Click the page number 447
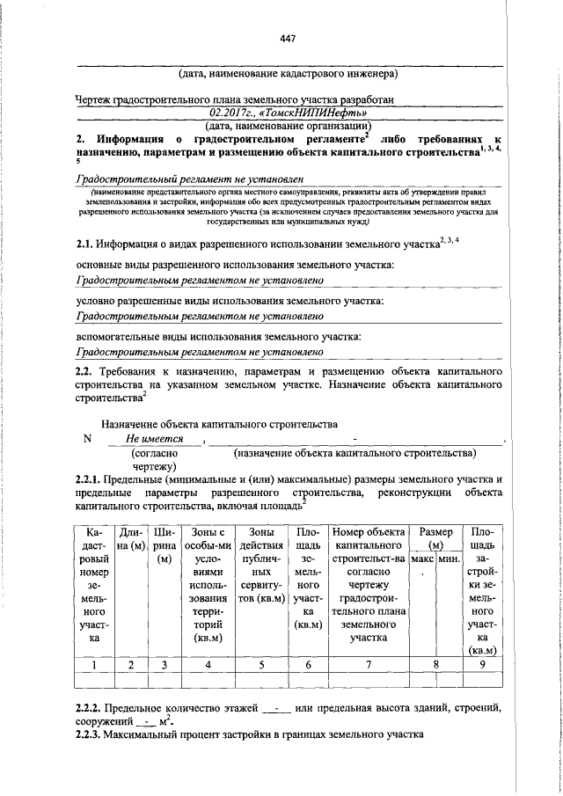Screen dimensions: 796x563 click(x=287, y=39)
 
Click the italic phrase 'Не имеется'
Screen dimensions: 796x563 click(x=154, y=438)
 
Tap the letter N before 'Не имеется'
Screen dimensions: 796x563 click(x=86, y=439)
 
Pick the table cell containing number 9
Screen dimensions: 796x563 click(x=481, y=665)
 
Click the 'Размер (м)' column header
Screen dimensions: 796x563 click(x=436, y=539)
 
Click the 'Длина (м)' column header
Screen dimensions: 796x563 click(x=133, y=539)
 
